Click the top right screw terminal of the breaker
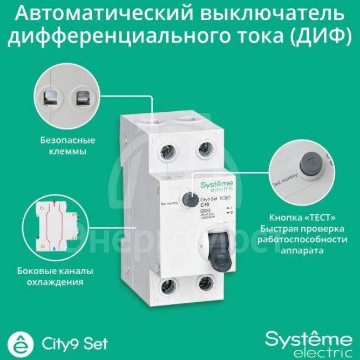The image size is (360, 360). point(202,149)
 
